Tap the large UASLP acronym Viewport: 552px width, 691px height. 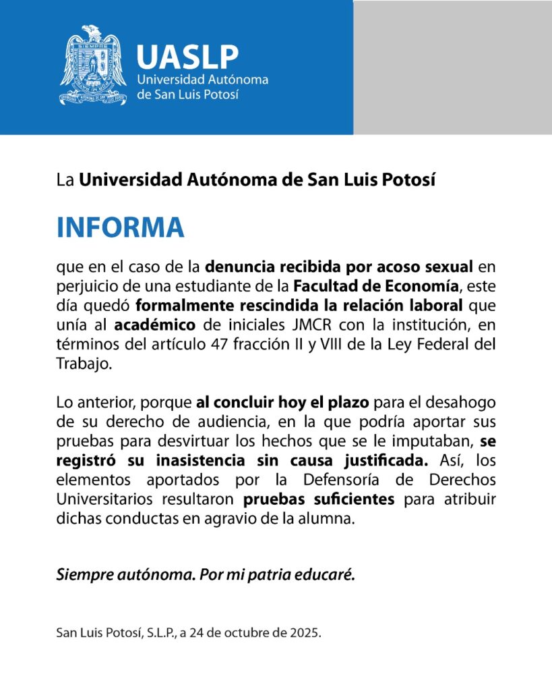[187, 57]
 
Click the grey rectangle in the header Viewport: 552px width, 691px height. [452, 67]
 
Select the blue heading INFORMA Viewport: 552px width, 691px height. [121, 227]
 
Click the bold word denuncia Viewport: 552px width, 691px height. [237, 267]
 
